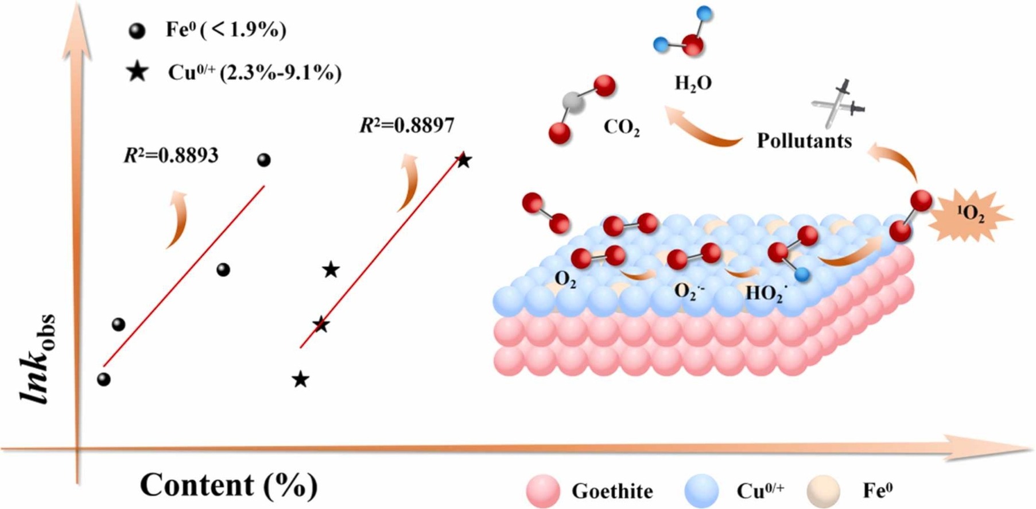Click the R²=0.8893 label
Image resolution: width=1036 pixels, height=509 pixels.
click(x=171, y=155)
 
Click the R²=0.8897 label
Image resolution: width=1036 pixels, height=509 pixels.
click(x=407, y=125)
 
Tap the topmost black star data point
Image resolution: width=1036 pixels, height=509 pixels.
click(x=464, y=160)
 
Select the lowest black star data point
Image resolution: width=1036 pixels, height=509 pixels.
click(x=301, y=379)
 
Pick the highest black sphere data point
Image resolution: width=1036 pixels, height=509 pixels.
click(x=263, y=160)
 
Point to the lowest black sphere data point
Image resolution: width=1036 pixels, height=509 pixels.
click(x=104, y=379)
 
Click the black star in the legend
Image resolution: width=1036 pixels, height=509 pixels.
click(x=138, y=72)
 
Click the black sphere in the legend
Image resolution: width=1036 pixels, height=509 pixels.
click(x=137, y=31)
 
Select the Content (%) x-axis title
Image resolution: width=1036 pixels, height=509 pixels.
click(x=228, y=485)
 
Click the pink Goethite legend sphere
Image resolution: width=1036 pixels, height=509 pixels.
click(x=542, y=491)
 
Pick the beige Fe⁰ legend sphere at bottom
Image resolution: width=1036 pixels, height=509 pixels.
click(x=823, y=491)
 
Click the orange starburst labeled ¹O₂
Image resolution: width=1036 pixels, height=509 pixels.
click(x=970, y=214)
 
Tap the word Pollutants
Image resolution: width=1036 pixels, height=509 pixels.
click(x=804, y=141)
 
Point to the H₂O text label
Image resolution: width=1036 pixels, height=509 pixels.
click(x=693, y=84)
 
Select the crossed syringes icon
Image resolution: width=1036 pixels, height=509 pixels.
click(x=837, y=104)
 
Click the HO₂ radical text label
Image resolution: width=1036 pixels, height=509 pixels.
click(x=766, y=294)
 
